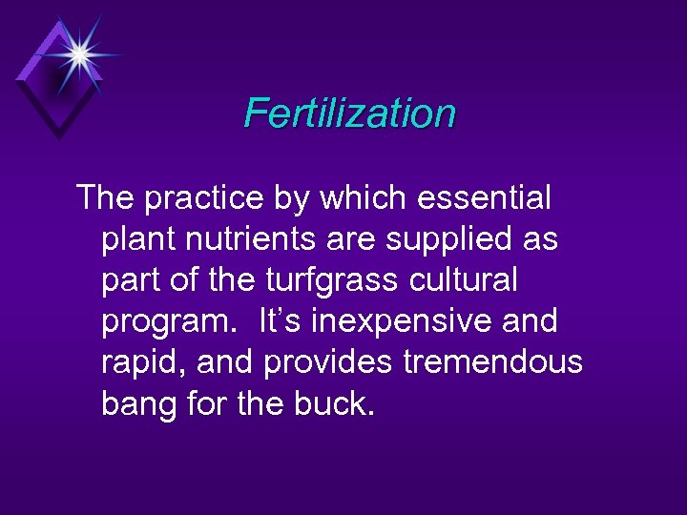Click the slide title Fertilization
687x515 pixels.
350,113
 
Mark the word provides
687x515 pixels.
329,363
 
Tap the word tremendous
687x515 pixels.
494,363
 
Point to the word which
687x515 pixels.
357,198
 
